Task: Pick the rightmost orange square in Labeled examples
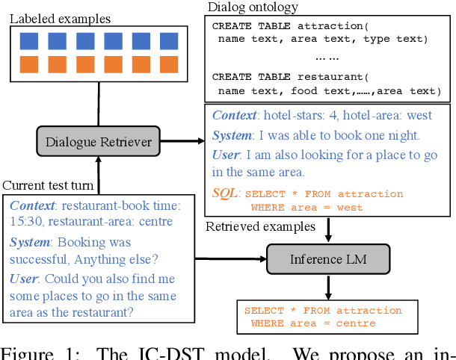[167, 64]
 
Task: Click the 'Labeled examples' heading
[59, 18]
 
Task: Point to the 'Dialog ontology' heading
[252, 7]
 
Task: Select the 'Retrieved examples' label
[260, 226]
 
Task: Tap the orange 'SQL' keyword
[226, 193]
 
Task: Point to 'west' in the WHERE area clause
[346, 207]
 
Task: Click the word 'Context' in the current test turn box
[32, 205]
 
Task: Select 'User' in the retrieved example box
[227, 155]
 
